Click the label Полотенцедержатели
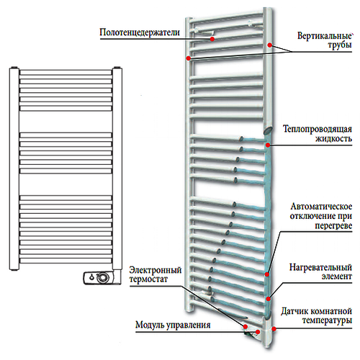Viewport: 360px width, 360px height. pos(140,32)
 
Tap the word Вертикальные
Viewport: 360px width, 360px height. pos(325,36)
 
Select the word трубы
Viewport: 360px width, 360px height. pos(340,45)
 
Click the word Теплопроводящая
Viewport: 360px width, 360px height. pos(318,129)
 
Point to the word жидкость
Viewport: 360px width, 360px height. pos(333,139)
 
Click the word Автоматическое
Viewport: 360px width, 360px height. pos(321,207)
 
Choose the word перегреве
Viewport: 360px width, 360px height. pos(333,226)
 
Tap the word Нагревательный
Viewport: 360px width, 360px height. pos(320,267)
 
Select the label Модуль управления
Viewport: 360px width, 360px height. pos(173,325)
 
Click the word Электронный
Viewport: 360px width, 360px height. pos(156,270)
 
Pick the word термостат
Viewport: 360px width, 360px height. pos(148,279)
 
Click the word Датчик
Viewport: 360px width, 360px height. pos(294,312)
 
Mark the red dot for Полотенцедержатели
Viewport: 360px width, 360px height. pos(212,39)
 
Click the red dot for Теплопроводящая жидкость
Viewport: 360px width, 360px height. pos(268,145)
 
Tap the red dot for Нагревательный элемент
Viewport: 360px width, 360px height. pos(269,299)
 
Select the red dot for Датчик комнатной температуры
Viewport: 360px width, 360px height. pos(274,329)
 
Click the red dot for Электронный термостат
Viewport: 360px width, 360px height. pos(246,327)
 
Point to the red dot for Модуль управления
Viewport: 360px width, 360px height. pos(258,332)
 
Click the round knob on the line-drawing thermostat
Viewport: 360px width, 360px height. pos(103,278)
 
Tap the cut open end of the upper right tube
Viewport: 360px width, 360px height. pos(268,131)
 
